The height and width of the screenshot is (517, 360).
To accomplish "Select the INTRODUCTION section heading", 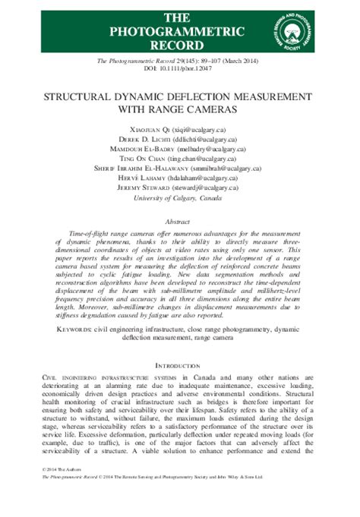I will pyautogui.click(x=179, y=365).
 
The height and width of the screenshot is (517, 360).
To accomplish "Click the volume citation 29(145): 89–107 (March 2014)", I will pyautogui.click(x=210, y=60).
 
